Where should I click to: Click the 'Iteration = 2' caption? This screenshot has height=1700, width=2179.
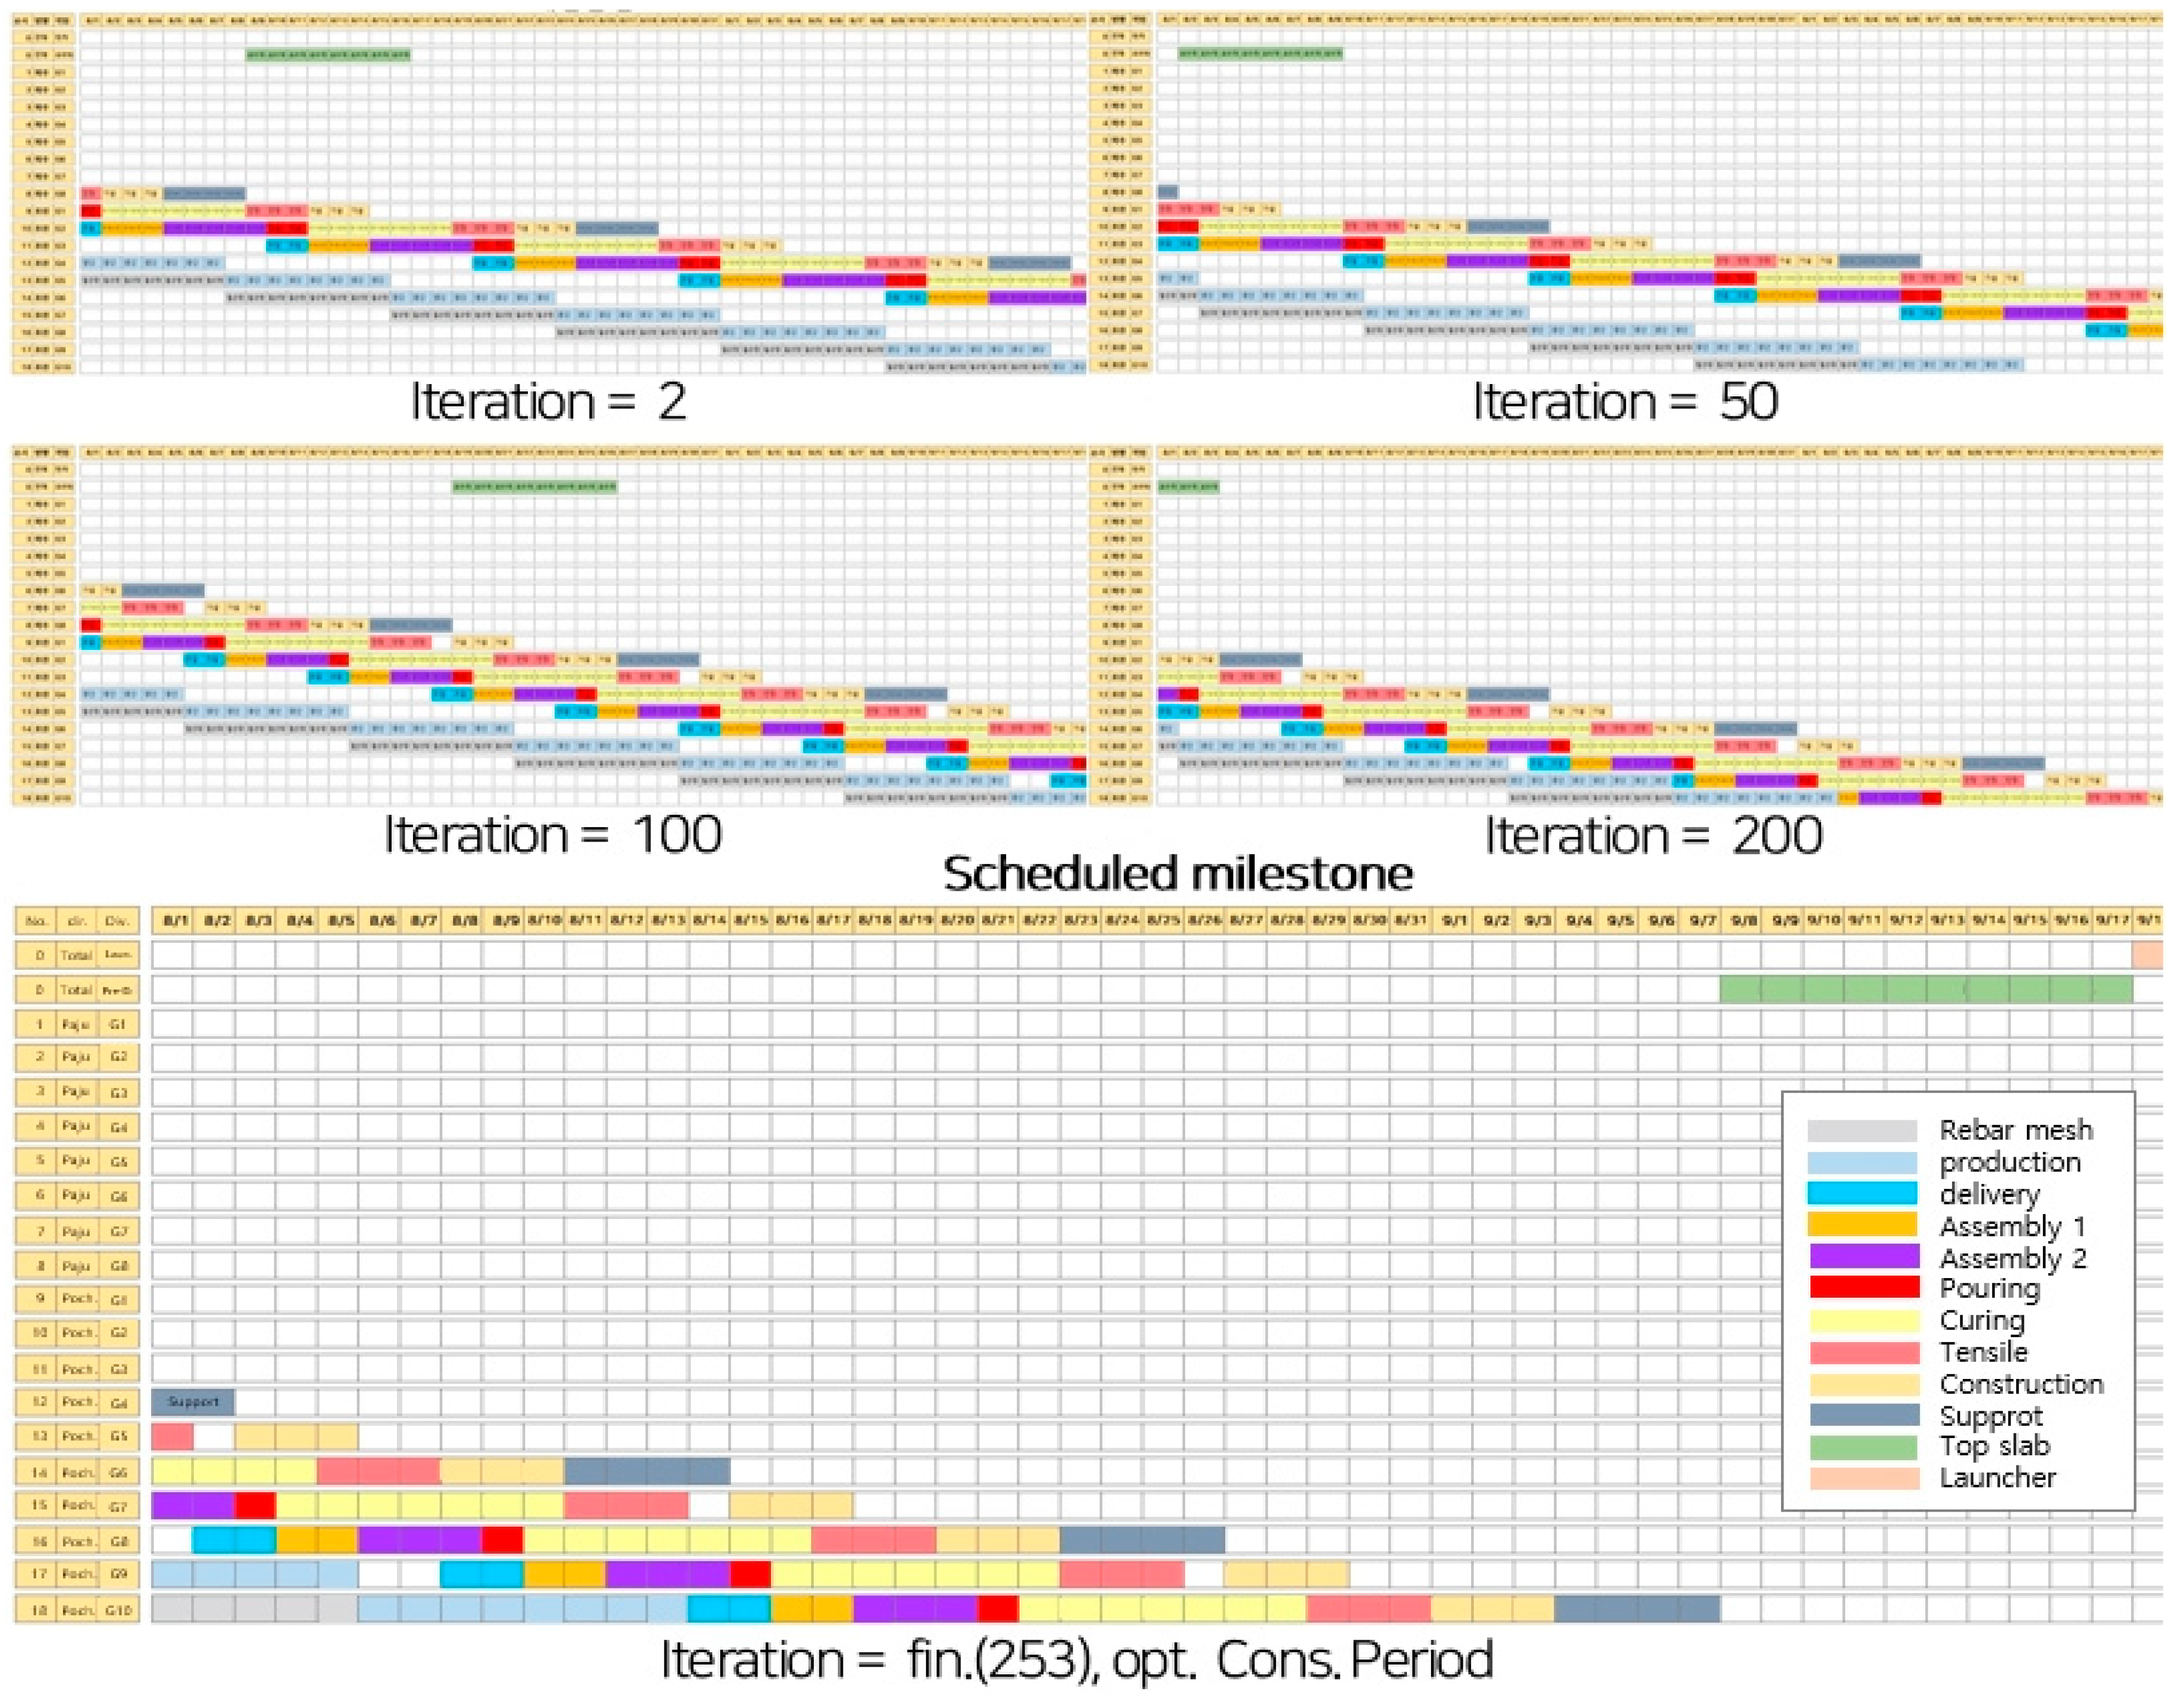[x=548, y=402]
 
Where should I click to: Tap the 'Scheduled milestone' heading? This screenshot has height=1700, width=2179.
[x=1177, y=874]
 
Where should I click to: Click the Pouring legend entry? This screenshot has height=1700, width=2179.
[x=1988, y=1288]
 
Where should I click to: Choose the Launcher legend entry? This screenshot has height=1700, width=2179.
[x=1996, y=1478]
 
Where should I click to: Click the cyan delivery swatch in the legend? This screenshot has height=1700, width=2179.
[x=1862, y=1193]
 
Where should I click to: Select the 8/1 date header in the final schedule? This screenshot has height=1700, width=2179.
[x=176, y=920]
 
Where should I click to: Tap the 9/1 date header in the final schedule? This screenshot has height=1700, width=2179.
[x=1455, y=920]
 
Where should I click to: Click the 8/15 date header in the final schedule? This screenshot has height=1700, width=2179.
[x=750, y=920]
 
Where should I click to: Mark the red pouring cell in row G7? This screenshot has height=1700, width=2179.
[x=255, y=1504]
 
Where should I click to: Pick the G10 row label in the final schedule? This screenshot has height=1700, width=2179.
[x=119, y=1609]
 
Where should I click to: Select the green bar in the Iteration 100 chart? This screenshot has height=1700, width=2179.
[x=535, y=487]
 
